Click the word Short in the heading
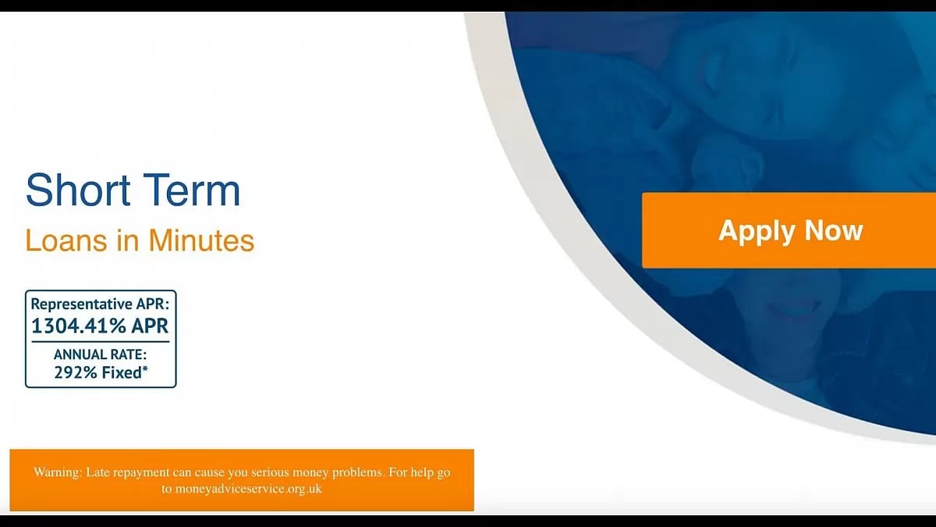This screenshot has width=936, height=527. [72, 191]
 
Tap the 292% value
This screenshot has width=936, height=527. [75, 372]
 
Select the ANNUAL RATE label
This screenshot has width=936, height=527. [100, 354]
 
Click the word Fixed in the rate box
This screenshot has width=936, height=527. [121, 372]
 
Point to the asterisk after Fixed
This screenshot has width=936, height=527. [145, 369]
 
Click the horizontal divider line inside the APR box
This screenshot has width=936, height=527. [100, 341]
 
